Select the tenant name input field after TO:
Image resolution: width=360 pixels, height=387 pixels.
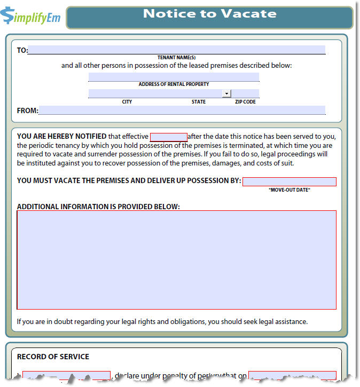point(176,50)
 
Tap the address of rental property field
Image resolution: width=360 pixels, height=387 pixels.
point(174,77)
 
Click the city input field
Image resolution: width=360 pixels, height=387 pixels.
point(155,93)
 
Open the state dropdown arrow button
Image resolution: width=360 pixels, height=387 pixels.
point(226,93)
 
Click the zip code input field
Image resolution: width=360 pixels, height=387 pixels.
point(246,93)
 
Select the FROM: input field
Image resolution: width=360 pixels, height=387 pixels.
point(182,110)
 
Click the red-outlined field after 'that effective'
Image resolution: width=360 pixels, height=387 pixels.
point(168,137)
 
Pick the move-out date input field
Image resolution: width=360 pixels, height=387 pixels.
point(289,181)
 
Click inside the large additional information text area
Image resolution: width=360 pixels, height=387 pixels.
point(176,260)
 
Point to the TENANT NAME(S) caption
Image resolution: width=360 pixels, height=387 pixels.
point(176,57)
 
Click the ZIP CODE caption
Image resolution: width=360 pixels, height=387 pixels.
point(245,101)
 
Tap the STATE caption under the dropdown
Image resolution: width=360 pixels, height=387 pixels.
point(199,101)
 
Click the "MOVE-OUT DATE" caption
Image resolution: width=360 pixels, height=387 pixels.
point(289,190)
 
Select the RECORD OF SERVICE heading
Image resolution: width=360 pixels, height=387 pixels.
point(53,357)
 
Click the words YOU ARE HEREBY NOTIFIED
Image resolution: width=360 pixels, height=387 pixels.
point(61,137)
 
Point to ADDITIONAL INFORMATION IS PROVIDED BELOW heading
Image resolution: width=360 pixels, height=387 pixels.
point(98,206)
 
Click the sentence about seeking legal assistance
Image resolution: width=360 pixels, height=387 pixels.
point(162,321)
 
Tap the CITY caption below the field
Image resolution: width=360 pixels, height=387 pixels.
point(127,101)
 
